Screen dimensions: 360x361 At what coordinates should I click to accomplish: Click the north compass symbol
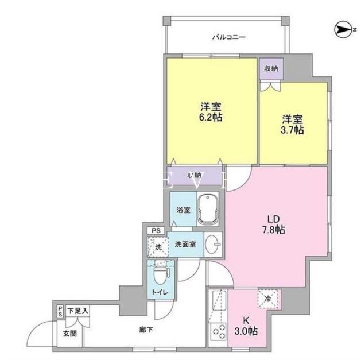[x=341, y=27]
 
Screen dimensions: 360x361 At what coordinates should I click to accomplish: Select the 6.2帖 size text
[x=211, y=117]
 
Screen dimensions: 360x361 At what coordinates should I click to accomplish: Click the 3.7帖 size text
[x=293, y=130]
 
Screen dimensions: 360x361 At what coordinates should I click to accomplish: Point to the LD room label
[x=272, y=219]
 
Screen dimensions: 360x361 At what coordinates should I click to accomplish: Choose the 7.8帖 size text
[x=272, y=230]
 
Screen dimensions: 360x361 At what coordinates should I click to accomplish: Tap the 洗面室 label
[x=186, y=244]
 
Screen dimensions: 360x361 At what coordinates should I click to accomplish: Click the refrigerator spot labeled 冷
[x=268, y=298]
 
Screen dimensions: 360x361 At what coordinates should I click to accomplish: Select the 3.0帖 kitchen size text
[x=249, y=332]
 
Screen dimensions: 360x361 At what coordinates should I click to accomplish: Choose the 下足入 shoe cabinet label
[x=78, y=311]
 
